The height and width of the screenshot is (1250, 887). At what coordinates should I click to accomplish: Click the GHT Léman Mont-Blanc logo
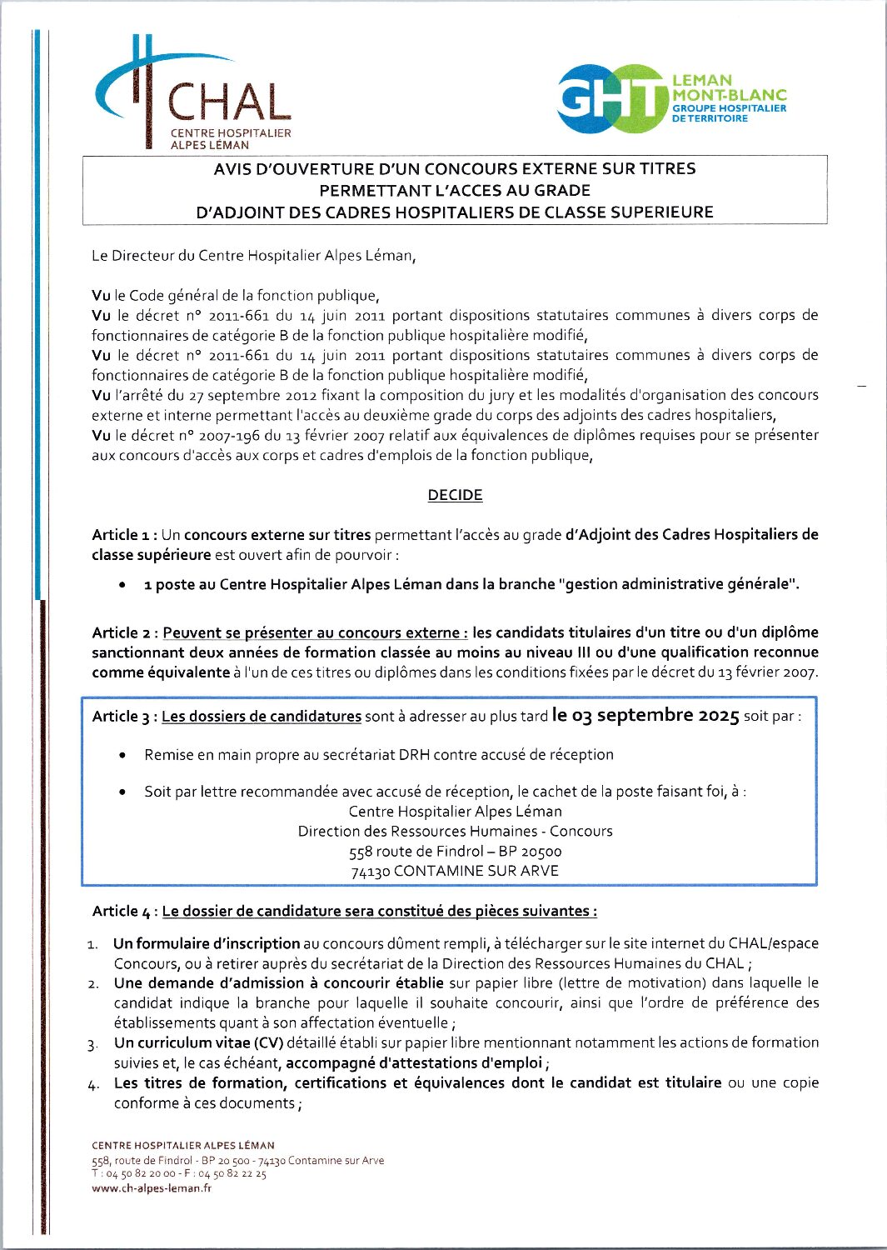click(671, 98)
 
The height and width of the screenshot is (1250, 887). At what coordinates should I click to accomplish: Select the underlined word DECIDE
click(455, 495)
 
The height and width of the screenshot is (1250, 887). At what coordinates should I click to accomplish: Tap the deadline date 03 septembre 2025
click(645, 715)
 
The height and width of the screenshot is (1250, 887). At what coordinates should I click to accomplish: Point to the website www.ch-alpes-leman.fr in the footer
click(151, 1188)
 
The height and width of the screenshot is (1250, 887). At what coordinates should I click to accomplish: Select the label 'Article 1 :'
click(125, 535)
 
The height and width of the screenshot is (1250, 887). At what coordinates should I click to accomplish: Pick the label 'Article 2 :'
click(125, 633)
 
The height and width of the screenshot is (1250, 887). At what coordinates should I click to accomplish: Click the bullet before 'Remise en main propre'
click(122, 756)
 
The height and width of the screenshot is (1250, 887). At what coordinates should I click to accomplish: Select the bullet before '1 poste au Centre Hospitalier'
click(122, 585)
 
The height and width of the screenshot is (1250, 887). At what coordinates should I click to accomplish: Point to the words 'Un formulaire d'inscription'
click(207, 944)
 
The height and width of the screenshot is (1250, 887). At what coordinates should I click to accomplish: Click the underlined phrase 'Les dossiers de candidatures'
click(262, 717)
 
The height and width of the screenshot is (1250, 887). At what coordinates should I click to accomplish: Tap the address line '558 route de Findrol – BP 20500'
click(456, 852)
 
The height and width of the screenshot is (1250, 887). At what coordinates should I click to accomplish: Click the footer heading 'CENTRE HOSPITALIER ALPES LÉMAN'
click(183, 1146)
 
